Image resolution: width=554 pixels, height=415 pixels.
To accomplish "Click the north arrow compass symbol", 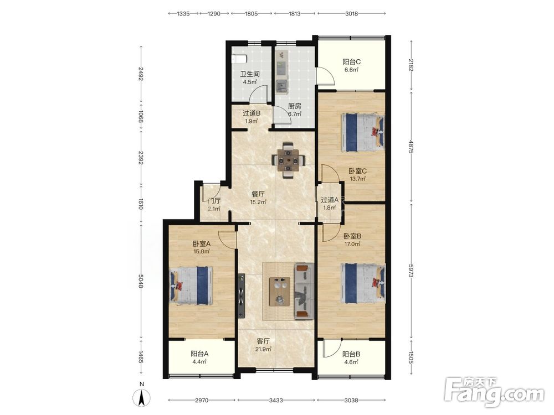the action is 142,398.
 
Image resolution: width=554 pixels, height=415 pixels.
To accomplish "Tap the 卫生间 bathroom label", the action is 250,74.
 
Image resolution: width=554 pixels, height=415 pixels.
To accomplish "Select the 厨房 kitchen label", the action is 294,106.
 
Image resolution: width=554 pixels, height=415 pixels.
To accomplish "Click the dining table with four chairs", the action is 289,160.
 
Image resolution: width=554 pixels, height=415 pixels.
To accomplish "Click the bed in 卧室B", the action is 363,283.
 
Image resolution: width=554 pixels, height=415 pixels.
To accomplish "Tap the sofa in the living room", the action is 304,291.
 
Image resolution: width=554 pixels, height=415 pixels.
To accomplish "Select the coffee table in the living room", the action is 279,292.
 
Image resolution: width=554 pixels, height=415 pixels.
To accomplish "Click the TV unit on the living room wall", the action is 242,295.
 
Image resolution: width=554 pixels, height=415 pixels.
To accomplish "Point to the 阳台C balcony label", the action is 352,62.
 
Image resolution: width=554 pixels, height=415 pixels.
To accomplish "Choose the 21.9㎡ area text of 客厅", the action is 264,349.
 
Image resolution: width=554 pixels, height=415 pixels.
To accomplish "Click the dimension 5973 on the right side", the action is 411,271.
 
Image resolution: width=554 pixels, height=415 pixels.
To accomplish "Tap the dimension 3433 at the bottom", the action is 276,400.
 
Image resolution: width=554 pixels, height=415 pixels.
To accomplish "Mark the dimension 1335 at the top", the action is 183,14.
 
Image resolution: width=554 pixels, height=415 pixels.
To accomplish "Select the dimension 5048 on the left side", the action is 141,281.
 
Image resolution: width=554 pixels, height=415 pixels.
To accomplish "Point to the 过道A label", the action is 330,200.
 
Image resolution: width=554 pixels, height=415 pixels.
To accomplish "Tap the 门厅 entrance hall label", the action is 214,201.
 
